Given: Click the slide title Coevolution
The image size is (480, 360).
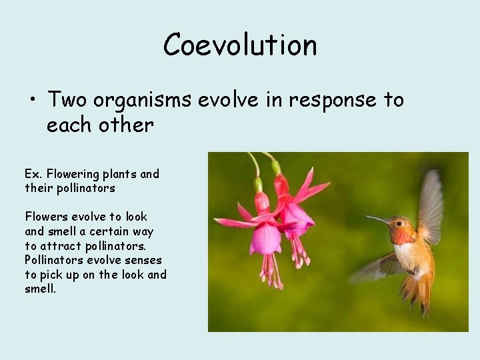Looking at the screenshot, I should [x=240, y=45].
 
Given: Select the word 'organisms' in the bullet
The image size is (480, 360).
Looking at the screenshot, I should [x=142, y=100].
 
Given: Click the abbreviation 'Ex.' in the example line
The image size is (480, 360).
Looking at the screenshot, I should [x=33, y=174].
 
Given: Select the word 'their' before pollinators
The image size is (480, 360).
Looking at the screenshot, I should [x=39, y=188].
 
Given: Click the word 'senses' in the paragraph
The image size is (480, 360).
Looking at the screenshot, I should [x=138, y=260].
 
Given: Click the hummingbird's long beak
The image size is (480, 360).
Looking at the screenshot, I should [x=377, y=219].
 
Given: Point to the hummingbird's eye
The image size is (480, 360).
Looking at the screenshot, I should [x=397, y=224].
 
